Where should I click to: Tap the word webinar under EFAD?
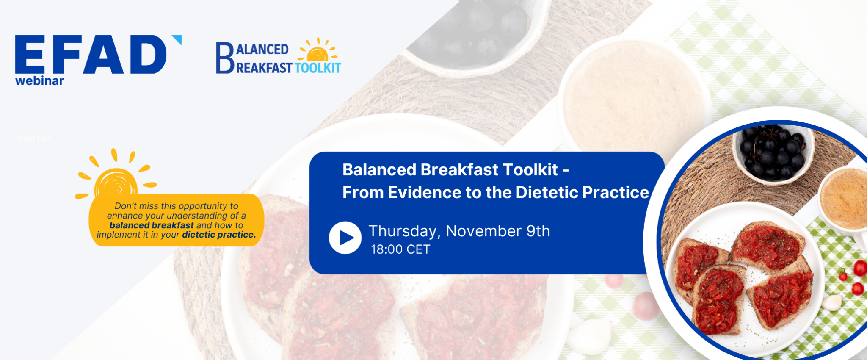pos(39,81)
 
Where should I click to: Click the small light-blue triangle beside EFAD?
pos(178,39)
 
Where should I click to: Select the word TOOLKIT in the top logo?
pos(318,68)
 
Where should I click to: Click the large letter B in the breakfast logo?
pos(224,58)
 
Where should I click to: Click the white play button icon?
pos(345,238)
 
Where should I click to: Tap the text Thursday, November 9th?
pos(459,231)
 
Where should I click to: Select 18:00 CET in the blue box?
pos(400,249)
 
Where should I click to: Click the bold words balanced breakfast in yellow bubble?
pos(152,225)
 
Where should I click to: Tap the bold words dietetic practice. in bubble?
pos(219,235)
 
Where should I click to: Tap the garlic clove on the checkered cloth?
pos(832,302)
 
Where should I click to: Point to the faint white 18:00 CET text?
pos(33,138)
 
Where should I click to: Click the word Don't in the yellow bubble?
pos(124,206)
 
